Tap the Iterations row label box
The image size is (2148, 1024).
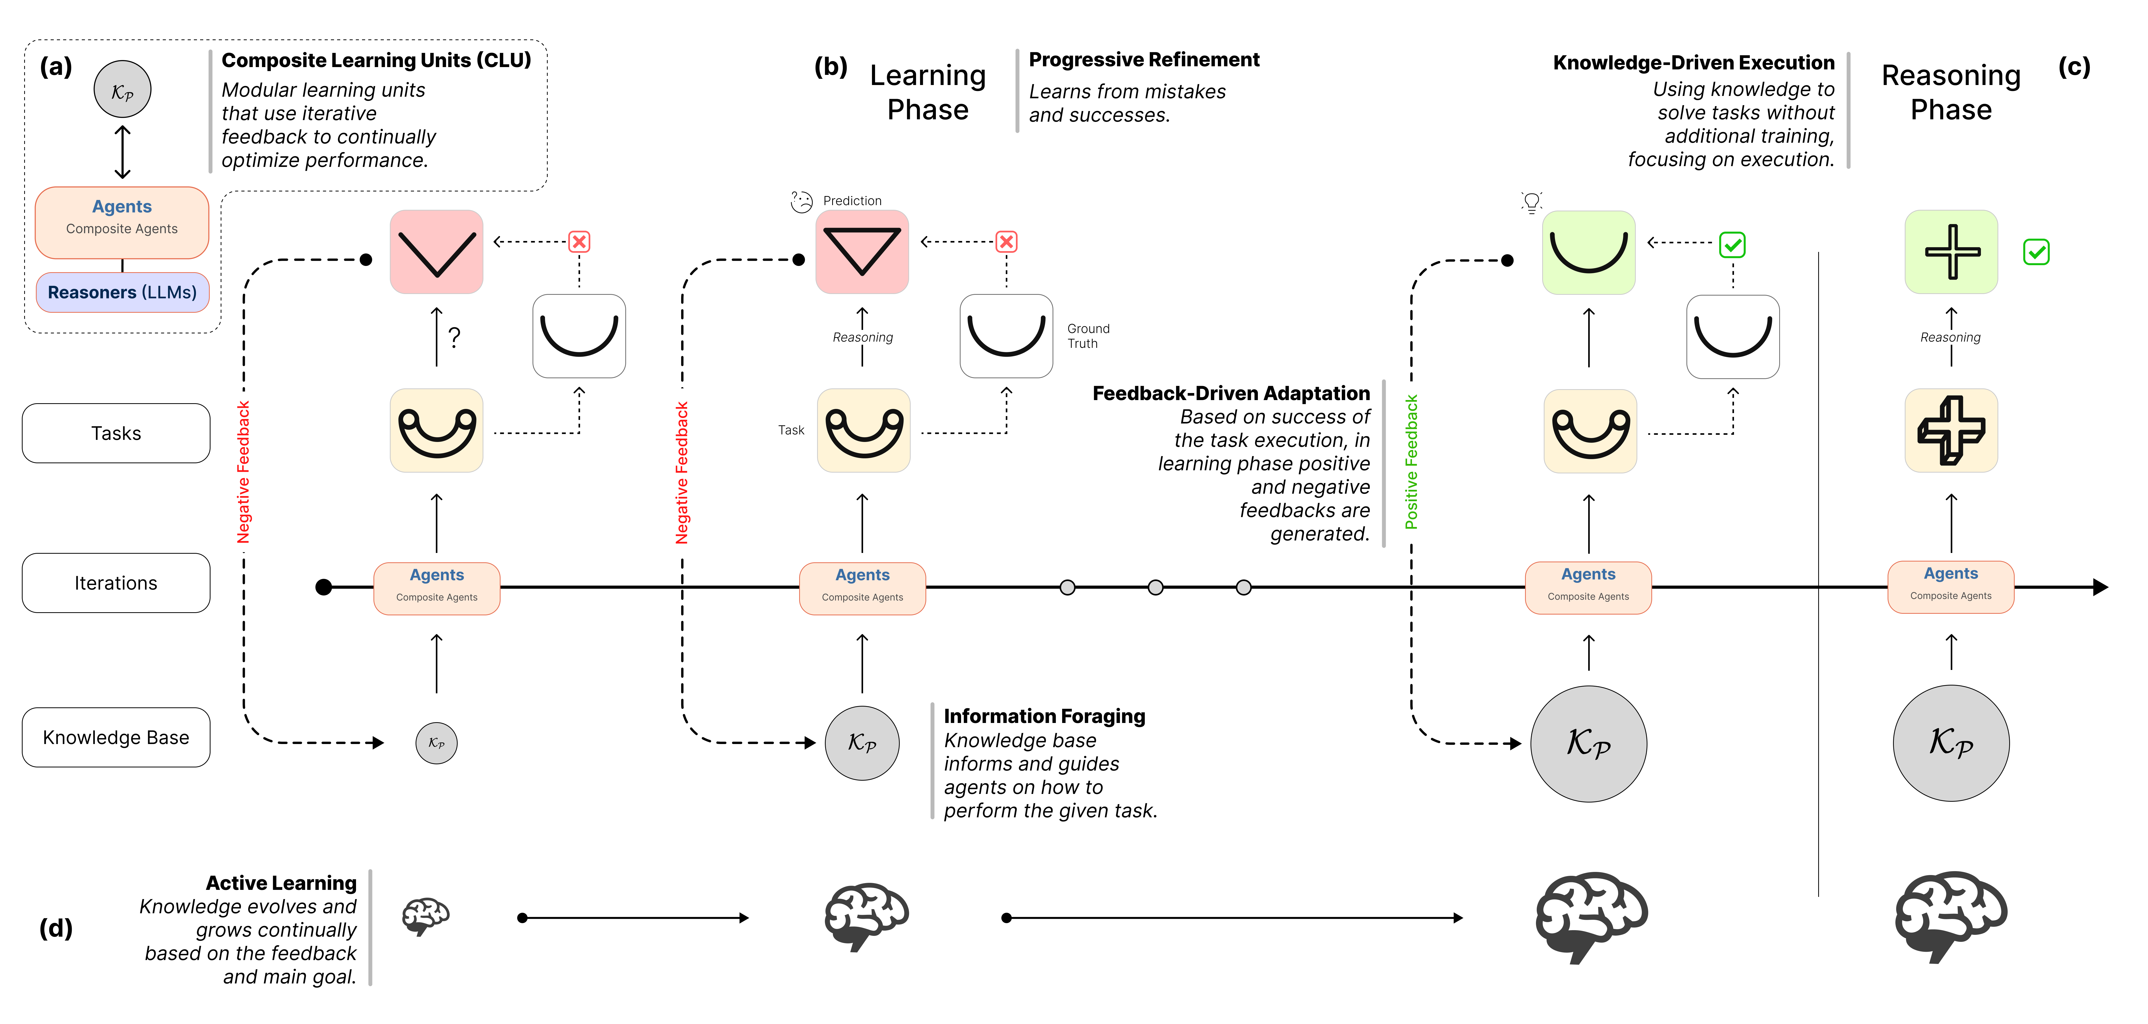116,583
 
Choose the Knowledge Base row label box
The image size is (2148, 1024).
116,737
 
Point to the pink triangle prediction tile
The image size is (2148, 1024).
861,252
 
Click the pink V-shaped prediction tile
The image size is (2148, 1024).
436,252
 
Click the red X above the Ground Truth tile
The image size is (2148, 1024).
1007,242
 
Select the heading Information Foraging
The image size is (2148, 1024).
1044,716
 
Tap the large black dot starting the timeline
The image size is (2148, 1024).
324,587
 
